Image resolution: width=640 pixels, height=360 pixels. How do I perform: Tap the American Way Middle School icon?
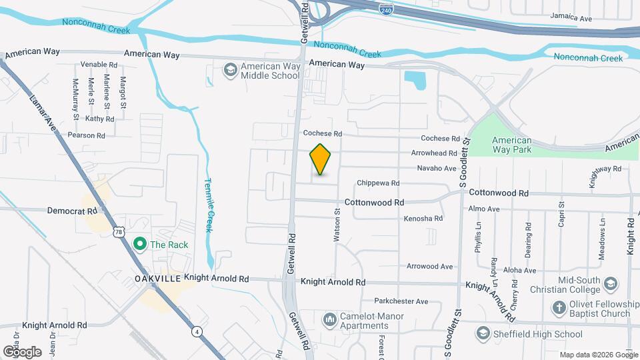[x=230, y=70]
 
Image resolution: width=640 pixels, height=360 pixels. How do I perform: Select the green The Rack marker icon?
[x=139, y=245]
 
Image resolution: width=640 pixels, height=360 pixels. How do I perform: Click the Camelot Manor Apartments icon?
[x=330, y=320]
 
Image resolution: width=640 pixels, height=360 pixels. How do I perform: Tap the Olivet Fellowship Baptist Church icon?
[x=559, y=309]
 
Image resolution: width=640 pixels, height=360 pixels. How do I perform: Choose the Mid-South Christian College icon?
[x=611, y=285]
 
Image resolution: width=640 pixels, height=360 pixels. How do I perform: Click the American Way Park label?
[x=511, y=145]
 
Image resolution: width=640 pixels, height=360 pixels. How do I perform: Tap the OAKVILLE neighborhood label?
[x=158, y=279]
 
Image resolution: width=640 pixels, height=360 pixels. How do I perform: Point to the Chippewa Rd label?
[x=378, y=183]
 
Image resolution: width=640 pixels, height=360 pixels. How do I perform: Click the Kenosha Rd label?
[x=423, y=218]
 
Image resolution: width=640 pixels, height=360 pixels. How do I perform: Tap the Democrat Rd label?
[x=72, y=210]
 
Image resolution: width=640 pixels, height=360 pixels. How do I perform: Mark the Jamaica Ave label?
[x=571, y=18]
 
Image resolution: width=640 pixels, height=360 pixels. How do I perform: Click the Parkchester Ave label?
[x=401, y=301]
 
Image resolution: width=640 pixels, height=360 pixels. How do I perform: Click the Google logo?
[x=22, y=351]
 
